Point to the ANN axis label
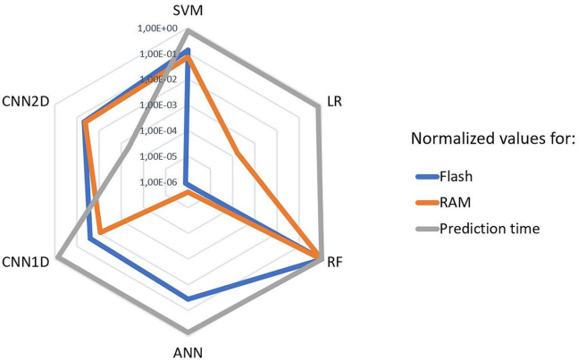(188, 351)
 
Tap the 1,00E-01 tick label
(160, 54)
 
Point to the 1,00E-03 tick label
(160, 105)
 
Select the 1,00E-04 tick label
(160, 130)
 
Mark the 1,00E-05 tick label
(160, 156)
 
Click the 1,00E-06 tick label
(160, 182)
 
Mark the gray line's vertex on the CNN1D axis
(57, 258)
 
